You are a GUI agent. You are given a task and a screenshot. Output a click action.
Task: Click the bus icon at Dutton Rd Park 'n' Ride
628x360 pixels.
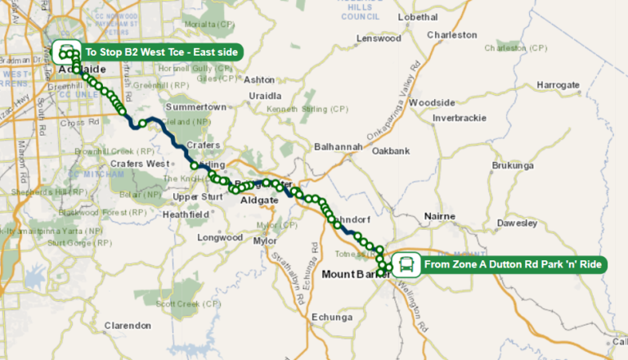(407, 264)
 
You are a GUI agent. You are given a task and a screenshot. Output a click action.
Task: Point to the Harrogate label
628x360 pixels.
(558, 85)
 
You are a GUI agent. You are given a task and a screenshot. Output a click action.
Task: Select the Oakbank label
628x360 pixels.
(391, 151)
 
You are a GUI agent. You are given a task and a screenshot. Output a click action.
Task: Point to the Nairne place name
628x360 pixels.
(444, 217)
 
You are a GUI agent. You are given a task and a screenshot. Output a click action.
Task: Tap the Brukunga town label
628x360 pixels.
(512, 165)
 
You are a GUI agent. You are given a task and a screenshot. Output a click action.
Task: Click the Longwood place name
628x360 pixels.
(220, 237)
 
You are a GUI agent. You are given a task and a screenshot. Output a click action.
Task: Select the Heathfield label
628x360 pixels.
(188, 214)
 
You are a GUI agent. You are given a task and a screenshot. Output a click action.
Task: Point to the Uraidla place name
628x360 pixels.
(265, 96)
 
